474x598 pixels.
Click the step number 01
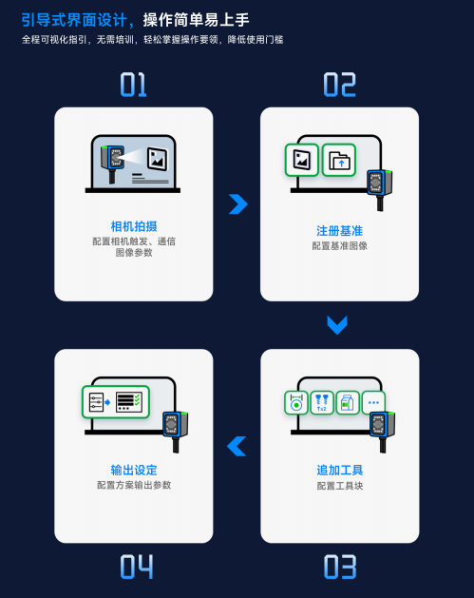(133, 85)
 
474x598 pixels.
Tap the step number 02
(339, 85)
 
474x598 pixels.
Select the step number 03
(340, 567)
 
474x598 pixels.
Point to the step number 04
(137, 567)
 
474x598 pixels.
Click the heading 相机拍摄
(134, 226)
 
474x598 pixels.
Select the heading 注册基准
(339, 231)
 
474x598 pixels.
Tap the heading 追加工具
(340, 470)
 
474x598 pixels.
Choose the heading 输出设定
(134, 470)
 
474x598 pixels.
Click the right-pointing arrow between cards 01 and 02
(239, 204)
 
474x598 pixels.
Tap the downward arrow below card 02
(337, 325)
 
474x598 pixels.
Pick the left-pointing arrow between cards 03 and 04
(237, 446)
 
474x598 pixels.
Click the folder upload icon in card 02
(339, 160)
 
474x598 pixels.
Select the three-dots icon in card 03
(373, 402)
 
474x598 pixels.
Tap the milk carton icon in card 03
(348, 403)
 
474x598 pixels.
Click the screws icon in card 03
(322, 403)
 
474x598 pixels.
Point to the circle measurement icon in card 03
(296, 403)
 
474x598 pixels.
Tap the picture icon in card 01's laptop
(158, 159)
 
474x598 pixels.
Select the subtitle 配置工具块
(340, 486)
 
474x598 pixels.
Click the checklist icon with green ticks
(129, 402)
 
